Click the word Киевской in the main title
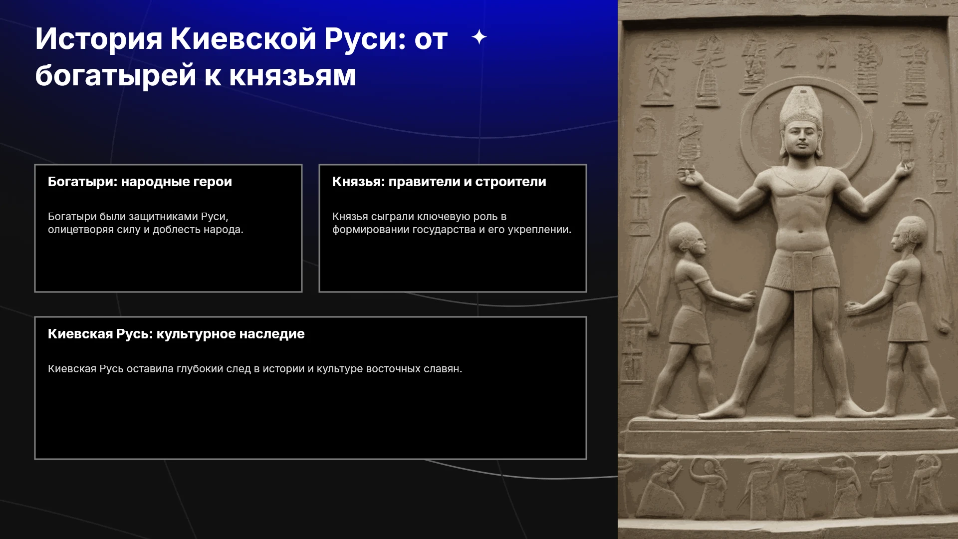pyautogui.click(x=243, y=38)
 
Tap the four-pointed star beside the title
pyautogui.click(x=479, y=37)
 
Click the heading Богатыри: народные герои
pyautogui.click(x=140, y=182)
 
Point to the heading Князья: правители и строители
pyautogui.click(x=439, y=182)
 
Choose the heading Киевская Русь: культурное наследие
pyautogui.click(x=176, y=334)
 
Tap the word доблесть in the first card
pyautogui.click(x=175, y=230)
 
